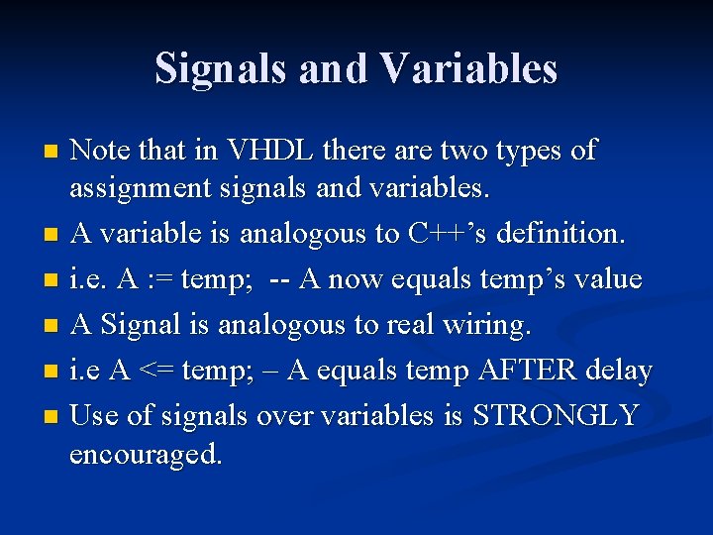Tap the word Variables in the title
tap(467, 68)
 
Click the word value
tap(610, 279)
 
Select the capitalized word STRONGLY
tap(556, 416)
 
